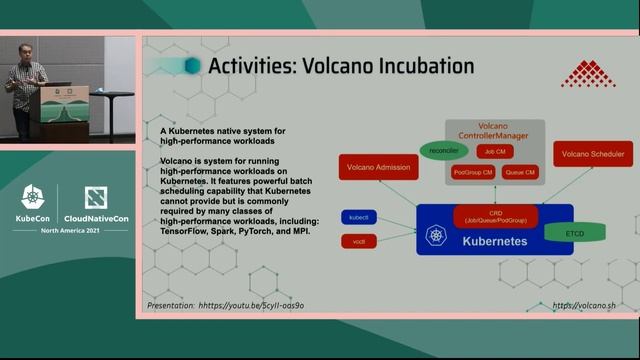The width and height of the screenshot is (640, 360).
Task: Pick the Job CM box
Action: click(493, 152)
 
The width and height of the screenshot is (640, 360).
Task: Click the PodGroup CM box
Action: click(473, 173)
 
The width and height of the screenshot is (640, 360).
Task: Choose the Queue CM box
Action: click(521, 173)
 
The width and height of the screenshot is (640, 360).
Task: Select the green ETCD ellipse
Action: click(574, 232)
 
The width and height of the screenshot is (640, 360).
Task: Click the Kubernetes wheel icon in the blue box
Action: click(435, 236)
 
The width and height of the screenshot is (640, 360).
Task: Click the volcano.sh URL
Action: click(583, 305)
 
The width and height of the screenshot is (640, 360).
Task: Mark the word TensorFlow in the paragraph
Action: click(182, 231)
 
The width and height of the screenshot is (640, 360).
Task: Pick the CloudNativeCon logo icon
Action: click(96, 197)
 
